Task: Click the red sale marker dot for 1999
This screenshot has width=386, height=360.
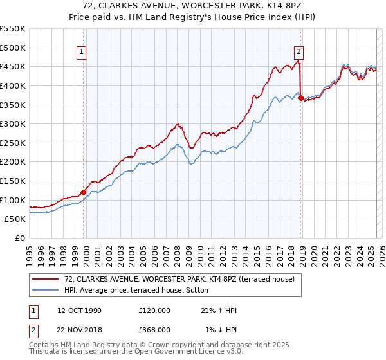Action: tap(83, 192)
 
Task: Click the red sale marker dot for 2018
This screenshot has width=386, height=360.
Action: tap(301, 98)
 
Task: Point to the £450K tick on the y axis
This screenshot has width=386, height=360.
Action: tap(13, 66)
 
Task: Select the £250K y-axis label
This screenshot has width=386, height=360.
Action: tap(13, 143)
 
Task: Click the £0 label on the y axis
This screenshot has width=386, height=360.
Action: tap(20, 238)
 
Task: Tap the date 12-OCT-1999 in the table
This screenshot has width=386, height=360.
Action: tap(79, 310)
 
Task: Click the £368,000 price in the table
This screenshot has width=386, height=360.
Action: tap(154, 329)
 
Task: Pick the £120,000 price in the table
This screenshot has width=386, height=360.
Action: tap(154, 310)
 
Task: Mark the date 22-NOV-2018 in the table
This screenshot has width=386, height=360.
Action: tap(80, 329)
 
